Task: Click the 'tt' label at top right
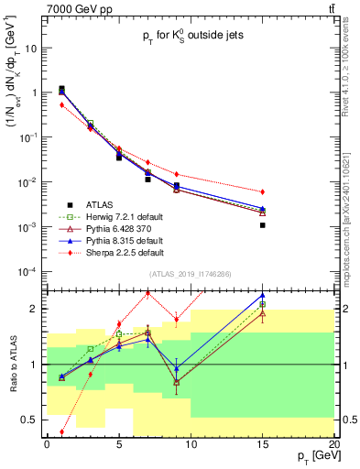click(x=328, y=9)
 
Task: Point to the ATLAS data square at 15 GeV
click(x=263, y=225)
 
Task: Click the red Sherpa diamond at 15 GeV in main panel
click(x=263, y=191)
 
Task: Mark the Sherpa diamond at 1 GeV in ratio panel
click(x=61, y=432)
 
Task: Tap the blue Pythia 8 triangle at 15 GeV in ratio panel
click(x=263, y=296)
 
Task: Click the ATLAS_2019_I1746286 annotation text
click(x=190, y=274)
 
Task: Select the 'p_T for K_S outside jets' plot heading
click(x=190, y=39)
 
